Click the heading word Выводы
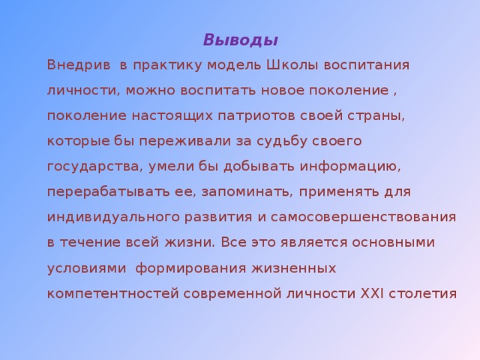click(241, 40)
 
